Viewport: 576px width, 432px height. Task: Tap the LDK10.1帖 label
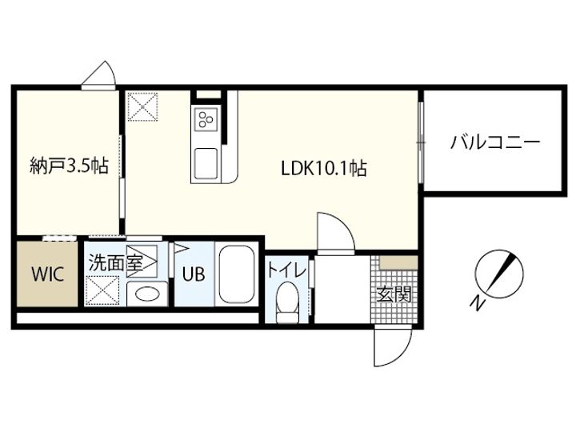[x=323, y=169]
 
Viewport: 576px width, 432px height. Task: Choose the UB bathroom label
[x=193, y=273]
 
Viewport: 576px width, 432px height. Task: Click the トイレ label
[x=286, y=270]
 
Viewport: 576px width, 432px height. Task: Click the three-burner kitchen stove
[x=206, y=119]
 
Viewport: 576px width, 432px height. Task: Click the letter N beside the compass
[x=475, y=303]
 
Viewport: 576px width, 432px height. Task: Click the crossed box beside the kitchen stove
[x=146, y=106]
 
